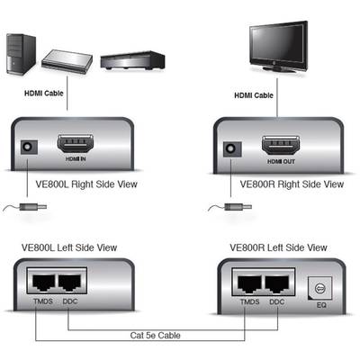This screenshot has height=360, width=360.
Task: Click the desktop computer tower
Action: click(21, 54)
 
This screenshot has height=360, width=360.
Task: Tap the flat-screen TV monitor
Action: click(279, 47)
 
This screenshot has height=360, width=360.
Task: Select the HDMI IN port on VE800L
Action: click(75, 144)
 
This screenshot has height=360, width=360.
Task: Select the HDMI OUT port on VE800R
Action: click(281, 146)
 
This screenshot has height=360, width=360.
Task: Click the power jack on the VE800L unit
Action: click(29, 148)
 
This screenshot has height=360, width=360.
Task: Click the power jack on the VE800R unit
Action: click(231, 149)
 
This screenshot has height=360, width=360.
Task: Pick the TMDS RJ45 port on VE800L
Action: click(44, 282)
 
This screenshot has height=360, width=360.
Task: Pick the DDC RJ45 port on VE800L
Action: click(70, 282)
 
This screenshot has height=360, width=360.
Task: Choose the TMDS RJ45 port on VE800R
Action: click(249, 283)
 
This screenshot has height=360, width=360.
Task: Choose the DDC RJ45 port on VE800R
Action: click(276, 283)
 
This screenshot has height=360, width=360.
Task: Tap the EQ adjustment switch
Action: click(320, 288)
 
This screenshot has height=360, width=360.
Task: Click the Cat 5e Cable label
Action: click(155, 335)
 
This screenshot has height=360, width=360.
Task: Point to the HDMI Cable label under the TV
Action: click(254, 95)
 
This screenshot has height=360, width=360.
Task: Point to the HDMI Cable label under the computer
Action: click(44, 94)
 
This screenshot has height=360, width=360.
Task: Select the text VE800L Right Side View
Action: click(86, 184)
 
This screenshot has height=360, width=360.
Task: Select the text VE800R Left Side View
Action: click(278, 247)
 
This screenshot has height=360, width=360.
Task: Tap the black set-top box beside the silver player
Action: click(132, 61)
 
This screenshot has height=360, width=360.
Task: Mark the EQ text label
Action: click(321, 305)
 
